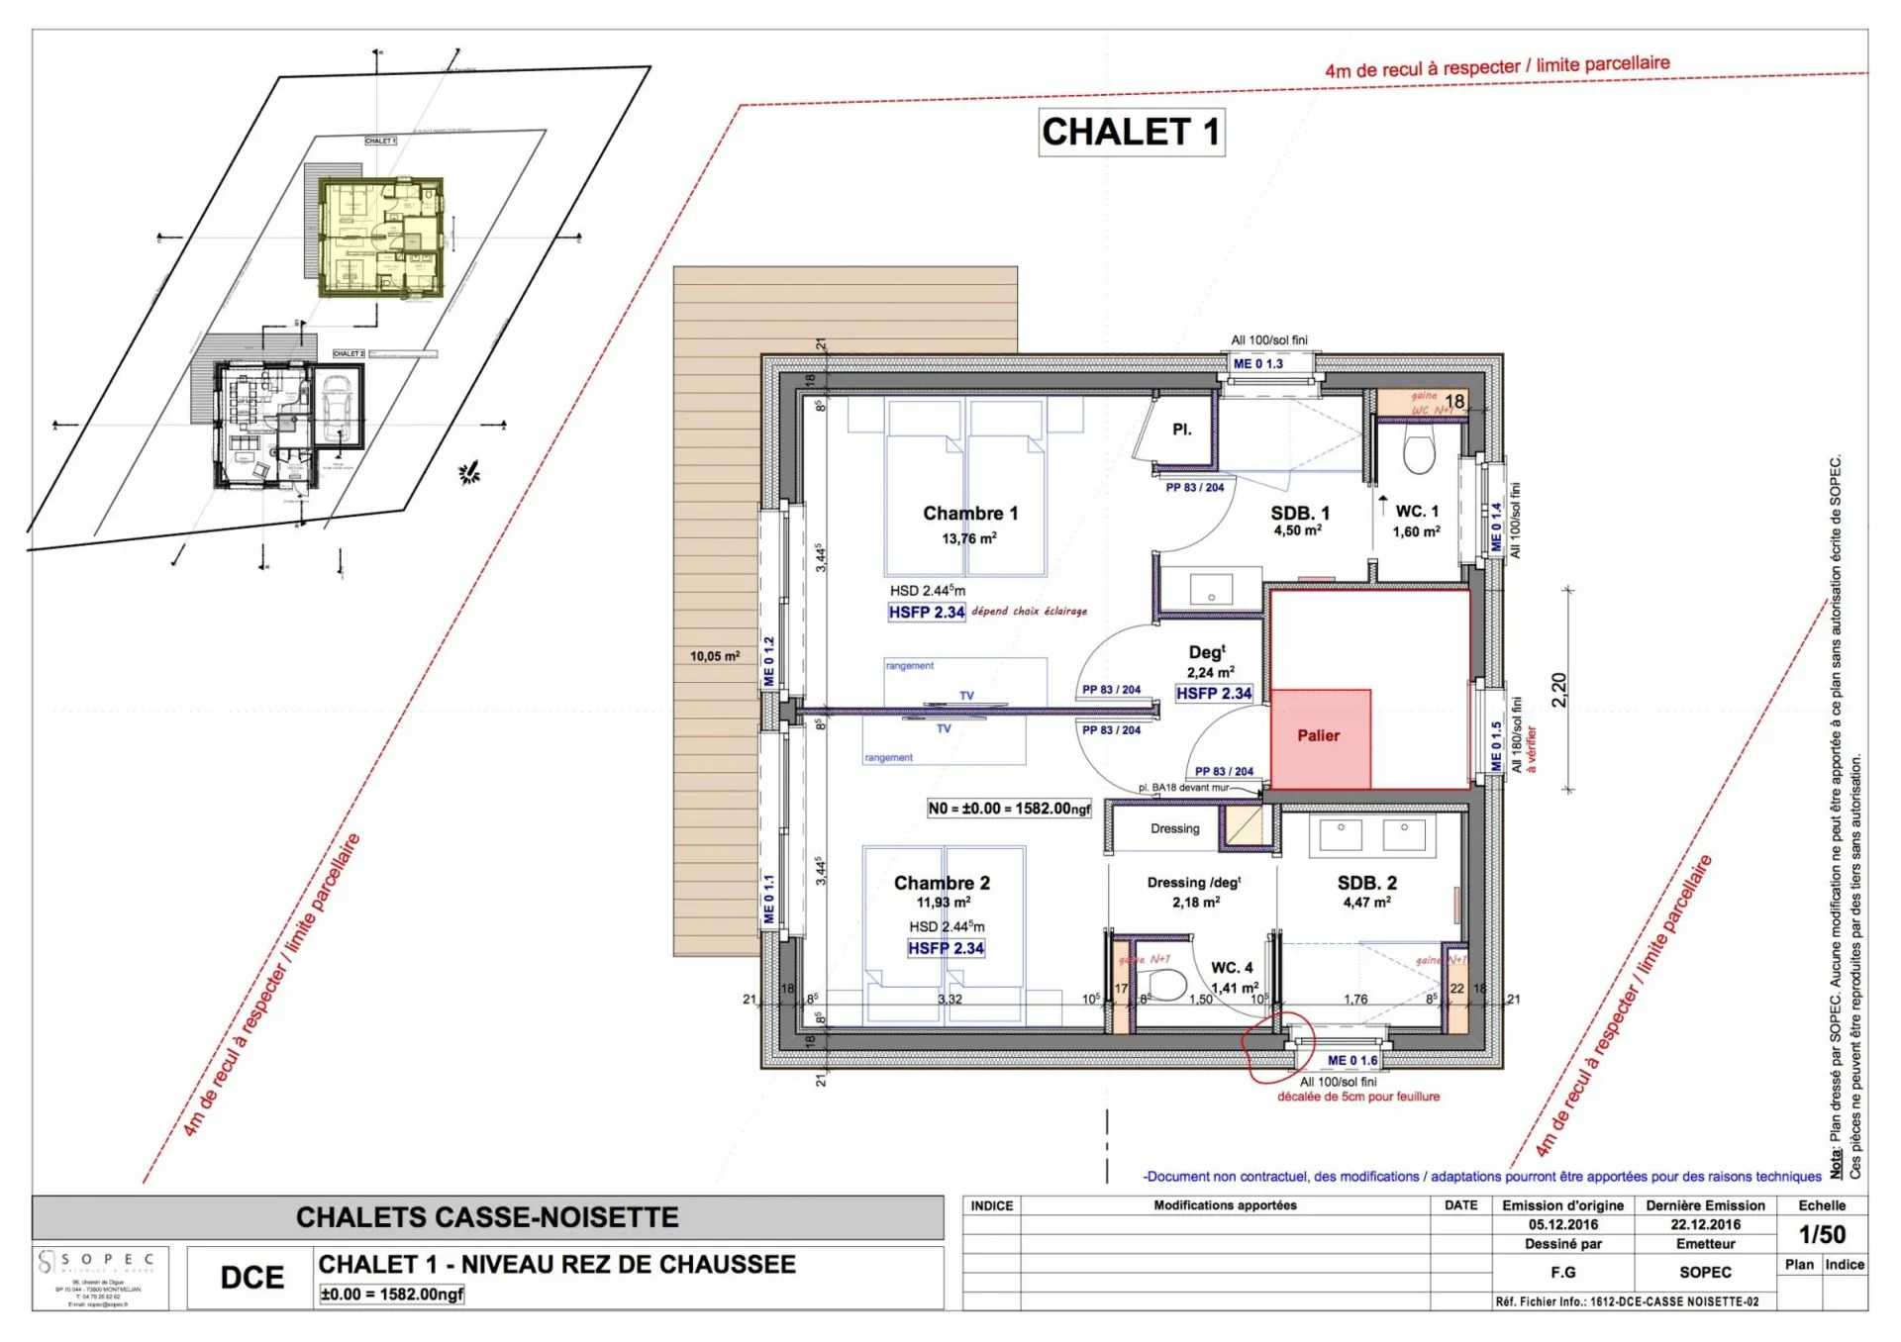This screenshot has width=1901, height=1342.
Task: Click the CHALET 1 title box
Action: (x=1131, y=132)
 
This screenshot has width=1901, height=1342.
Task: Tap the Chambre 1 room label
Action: (x=969, y=513)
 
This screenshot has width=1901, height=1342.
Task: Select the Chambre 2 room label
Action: (x=942, y=882)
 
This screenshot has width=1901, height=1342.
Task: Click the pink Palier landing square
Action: (x=1320, y=737)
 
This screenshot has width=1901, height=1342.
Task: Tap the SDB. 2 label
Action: (x=1366, y=882)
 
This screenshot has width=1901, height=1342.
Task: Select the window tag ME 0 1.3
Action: (x=1257, y=364)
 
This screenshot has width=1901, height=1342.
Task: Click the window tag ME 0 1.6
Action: (x=1351, y=1060)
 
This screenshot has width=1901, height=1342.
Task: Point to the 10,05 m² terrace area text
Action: (x=715, y=656)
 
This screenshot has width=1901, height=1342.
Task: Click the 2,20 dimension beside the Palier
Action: (x=1558, y=689)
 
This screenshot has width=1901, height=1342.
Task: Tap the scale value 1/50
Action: (x=1822, y=1234)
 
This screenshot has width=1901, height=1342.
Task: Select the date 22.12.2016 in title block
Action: (x=1705, y=1224)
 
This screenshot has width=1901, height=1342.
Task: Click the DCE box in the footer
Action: (x=251, y=1277)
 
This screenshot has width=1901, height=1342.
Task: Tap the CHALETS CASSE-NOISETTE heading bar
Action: (x=487, y=1216)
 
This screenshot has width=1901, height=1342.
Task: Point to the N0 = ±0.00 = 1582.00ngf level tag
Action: (x=1008, y=809)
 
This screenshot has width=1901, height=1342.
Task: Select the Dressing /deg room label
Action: (x=1193, y=882)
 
